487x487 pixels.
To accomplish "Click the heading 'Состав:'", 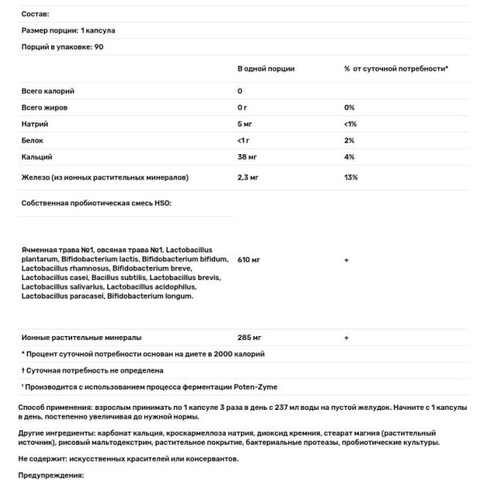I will coord(35,15).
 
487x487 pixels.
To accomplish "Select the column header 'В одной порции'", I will coord(266,70).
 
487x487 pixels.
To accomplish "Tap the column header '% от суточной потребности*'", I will coord(396,70).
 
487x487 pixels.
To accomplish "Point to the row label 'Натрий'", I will coord(35,123).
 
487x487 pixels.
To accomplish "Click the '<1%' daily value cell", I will coord(351,123).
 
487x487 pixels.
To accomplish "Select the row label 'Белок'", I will coord(33,140).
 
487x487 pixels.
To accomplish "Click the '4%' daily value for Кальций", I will coord(350,156).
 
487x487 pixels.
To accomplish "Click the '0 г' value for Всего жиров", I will coord(243,107).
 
